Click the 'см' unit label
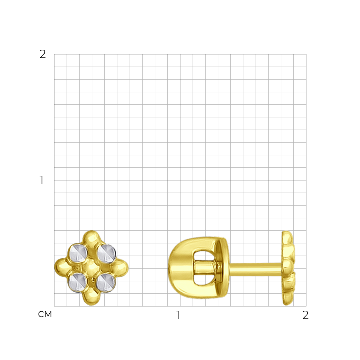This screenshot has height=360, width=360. (x=45, y=314)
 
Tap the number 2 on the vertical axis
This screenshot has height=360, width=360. (x=43, y=54)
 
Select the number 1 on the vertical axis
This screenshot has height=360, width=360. (x=41, y=180)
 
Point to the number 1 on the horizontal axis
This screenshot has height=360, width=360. (x=178, y=315)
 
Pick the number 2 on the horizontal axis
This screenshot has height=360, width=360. (x=305, y=315)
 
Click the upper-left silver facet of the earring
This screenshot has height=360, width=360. (x=78, y=253)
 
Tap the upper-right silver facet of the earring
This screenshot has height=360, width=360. (x=106, y=253)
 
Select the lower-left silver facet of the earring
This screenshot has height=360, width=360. (x=78, y=283)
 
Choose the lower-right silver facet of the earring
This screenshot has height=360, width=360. (x=105, y=282)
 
